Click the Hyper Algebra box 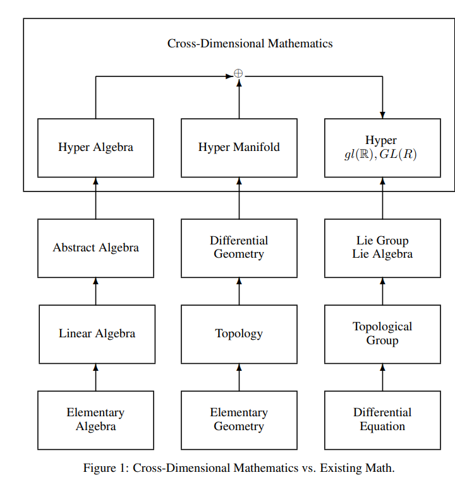point(95,148)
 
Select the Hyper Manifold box point(239,148)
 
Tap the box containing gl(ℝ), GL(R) point(382,148)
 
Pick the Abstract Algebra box point(95,248)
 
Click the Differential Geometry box point(239,248)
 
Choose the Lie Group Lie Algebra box point(382,248)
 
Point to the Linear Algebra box point(97,334)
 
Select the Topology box point(239,334)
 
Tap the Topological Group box point(382,334)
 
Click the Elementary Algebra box point(95,420)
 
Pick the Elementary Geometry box point(239,420)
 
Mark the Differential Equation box point(382,420)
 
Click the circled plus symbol point(238,74)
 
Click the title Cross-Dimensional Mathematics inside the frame point(250,44)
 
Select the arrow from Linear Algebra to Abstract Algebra point(96,291)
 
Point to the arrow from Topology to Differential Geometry point(239,291)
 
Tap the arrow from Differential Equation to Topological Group point(382,378)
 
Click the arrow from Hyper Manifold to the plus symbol point(239,100)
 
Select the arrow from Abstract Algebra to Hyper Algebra point(96,198)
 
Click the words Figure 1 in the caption point(105,468)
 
